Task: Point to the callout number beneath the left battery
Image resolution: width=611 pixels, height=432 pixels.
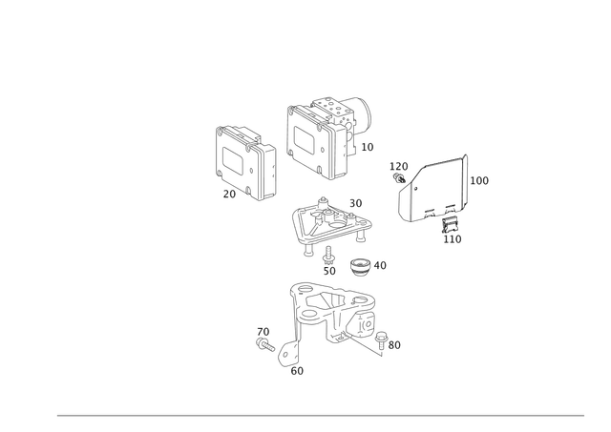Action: [x=228, y=195]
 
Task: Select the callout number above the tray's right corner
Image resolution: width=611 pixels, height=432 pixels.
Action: [x=357, y=202]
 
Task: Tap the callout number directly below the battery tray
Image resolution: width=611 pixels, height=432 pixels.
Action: [x=329, y=258]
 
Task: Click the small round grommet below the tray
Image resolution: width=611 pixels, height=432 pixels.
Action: [x=360, y=264]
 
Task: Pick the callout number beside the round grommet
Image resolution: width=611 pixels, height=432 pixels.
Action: [x=381, y=264]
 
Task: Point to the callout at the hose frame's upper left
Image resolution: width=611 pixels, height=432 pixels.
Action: [x=393, y=166]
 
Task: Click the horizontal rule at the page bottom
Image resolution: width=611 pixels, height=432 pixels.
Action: [x=320, y=416]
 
